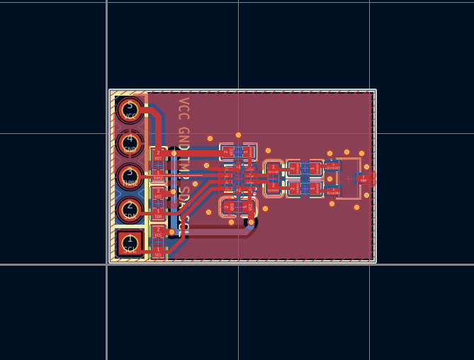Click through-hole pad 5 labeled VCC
click(130, 111)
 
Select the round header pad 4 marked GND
click(130, 142)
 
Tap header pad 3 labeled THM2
click(130, 176)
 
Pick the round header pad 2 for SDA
click(130, 209)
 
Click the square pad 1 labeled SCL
click(130, 243)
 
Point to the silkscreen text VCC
click(184, 109)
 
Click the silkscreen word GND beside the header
click(184, 139)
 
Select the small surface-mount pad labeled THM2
click(158, 174)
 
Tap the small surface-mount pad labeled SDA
click(158, 211)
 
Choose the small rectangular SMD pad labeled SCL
click(158, 249)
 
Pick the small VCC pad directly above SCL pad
click(158, 231)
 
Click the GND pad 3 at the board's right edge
click(363, 179)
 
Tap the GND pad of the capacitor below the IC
click(228, 207)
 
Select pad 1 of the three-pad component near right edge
click(334, 167)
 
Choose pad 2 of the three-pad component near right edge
click(334, 191)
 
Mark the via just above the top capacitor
click(238, 135)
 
